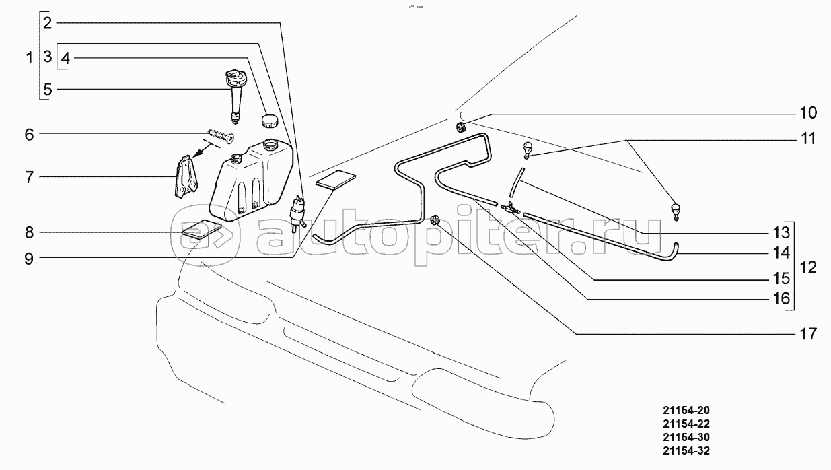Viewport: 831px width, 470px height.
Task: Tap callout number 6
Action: (x=29, y=134)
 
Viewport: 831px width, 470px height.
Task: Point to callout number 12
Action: (x=808, y=267)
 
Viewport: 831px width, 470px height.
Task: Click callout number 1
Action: (x=29, y=58)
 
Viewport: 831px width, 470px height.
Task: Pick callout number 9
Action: (x=29, y=257)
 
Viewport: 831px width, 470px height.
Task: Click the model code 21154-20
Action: (x=685, y=410)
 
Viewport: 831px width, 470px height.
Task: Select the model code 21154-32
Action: (x=685, y=450)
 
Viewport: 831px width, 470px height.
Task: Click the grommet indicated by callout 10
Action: (x=462, y=128)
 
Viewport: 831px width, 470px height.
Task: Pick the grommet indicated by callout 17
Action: (x=435, y=220)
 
